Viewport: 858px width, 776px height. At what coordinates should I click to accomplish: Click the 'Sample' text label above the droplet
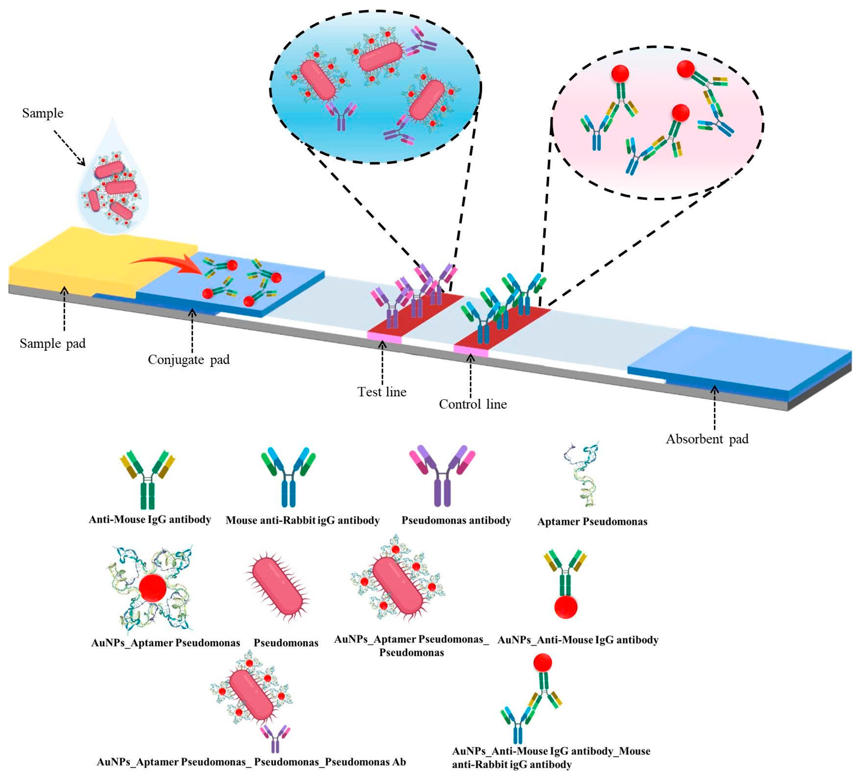[x=43, y=113]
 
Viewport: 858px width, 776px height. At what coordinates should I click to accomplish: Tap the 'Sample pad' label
[x=53, y=343]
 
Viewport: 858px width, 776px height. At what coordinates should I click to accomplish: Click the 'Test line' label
[x=382, y=392]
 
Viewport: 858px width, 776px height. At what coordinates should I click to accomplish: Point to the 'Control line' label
[x=473, y=404]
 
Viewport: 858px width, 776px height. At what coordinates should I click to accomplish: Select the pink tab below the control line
[x=471, y=350]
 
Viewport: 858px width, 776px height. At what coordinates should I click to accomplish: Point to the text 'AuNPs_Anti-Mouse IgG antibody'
[x=578, y=640]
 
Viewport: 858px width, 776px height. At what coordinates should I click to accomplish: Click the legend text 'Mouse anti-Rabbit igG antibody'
[x=302, y=520]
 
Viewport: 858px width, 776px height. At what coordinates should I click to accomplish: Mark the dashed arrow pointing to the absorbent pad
[x=715, y=408]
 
